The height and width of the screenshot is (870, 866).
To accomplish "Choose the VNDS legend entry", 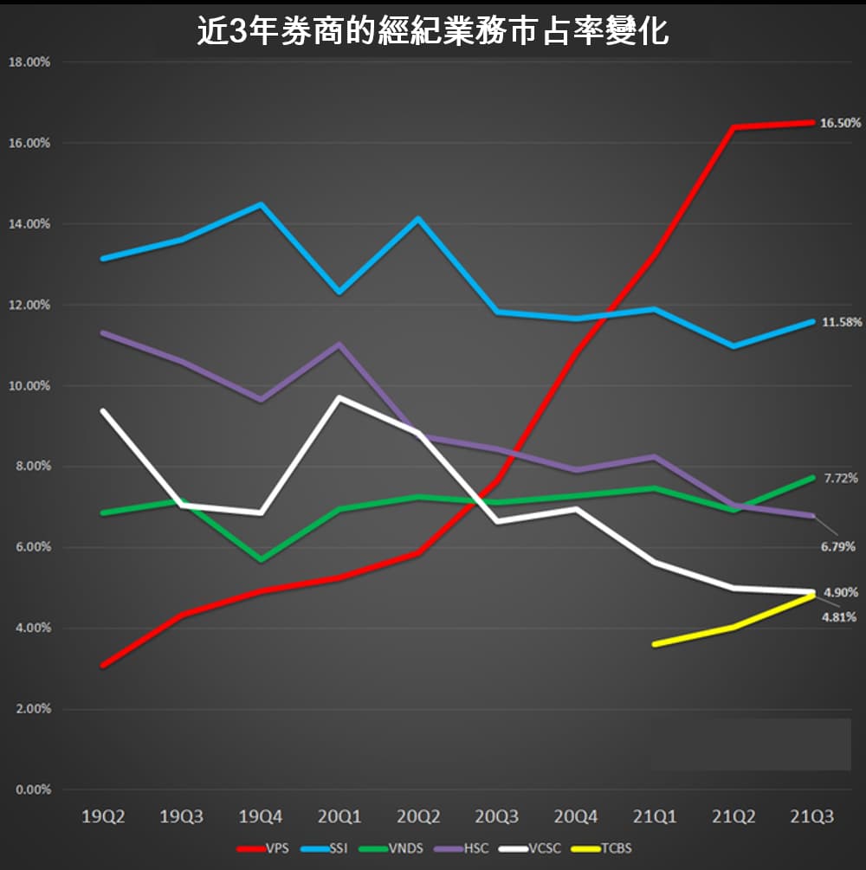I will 399,848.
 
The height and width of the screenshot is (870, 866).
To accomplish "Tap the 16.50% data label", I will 840,123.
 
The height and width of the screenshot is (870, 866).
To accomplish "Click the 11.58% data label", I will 840,322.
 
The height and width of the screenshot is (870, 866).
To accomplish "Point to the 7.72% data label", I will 840,478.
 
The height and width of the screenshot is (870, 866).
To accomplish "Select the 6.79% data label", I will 838,546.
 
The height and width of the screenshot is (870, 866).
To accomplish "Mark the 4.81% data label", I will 838,617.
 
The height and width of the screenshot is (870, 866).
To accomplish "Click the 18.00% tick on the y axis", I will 31,62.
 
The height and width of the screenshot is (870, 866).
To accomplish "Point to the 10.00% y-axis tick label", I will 31,386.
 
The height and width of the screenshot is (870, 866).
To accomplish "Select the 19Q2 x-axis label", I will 103,816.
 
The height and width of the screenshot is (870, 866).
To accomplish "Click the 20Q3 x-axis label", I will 497,816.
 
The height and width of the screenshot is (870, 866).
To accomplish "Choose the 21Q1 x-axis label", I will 655,816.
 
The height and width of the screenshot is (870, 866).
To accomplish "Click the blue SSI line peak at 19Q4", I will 261,204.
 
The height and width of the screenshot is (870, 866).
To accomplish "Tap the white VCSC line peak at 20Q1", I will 339,398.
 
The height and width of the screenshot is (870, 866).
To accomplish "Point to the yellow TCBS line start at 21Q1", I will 655,644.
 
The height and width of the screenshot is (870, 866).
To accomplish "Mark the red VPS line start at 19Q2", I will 103,665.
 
